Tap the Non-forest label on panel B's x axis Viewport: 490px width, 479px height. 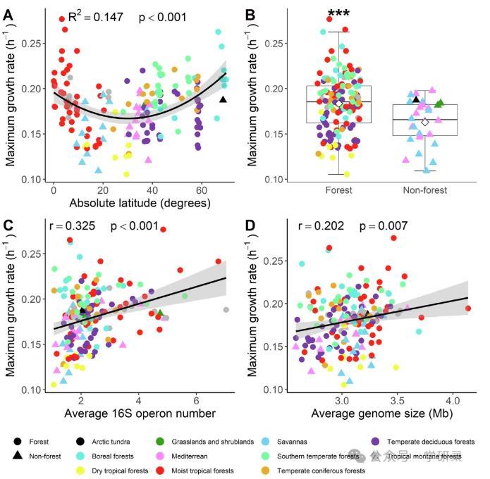(424, 190)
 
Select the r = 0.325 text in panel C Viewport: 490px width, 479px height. (72, 228)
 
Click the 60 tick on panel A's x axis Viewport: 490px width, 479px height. (201, 191)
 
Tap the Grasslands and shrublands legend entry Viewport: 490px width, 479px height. (204, 442)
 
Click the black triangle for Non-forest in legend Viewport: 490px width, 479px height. (18, 456)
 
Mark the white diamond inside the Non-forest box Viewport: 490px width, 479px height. (424, 122)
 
